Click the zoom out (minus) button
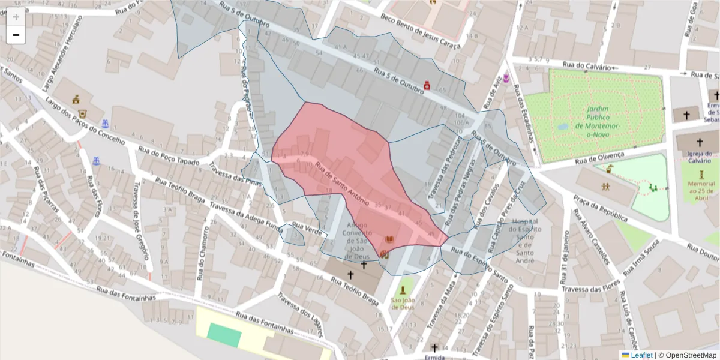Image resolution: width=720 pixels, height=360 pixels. (16, 35)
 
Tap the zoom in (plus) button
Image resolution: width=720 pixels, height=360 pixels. (16, 17)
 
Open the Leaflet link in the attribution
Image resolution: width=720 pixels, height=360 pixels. (641, 355)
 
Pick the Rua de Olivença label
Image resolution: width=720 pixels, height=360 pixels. (599, 157)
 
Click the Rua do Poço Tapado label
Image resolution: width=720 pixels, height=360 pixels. (164, 158)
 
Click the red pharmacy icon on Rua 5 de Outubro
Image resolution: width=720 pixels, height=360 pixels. (427, 85)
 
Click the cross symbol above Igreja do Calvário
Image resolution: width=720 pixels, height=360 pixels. (699, 143)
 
